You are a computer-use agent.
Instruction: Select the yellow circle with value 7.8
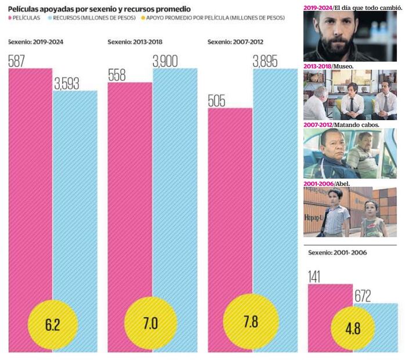[x=251, y=322]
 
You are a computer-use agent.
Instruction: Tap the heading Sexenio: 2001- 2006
[x=337, y=252]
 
